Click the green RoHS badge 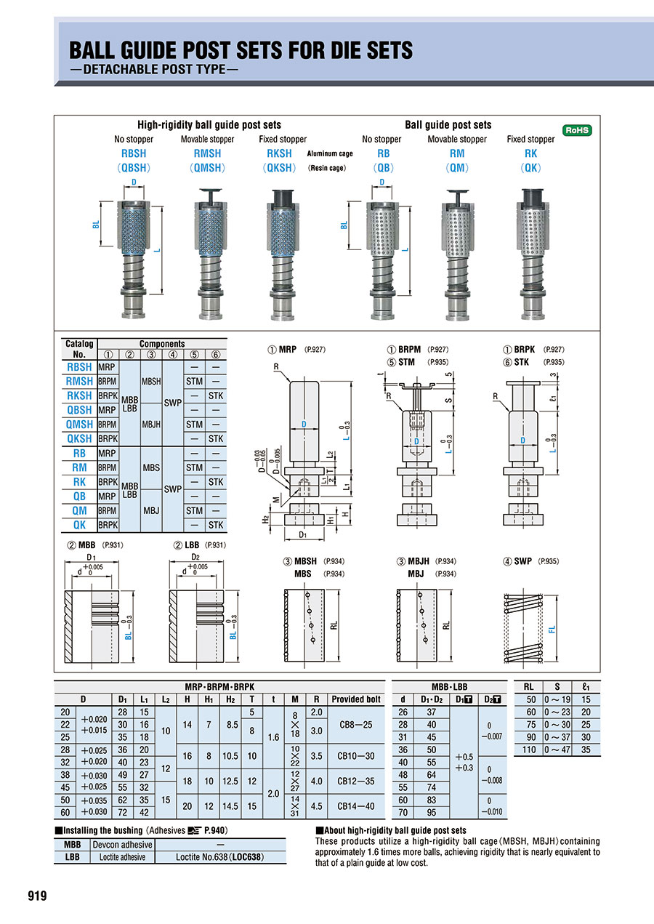(577, 131)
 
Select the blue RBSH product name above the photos (134, 153)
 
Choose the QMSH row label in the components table (79, 425)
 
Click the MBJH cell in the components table (151, 425)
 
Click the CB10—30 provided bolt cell (356, 756)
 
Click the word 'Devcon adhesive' (122, 845)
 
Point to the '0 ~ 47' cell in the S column (558, 750)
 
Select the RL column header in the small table (528, 686)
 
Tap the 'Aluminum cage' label (330, 154)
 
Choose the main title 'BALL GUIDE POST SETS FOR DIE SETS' (241, 50)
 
